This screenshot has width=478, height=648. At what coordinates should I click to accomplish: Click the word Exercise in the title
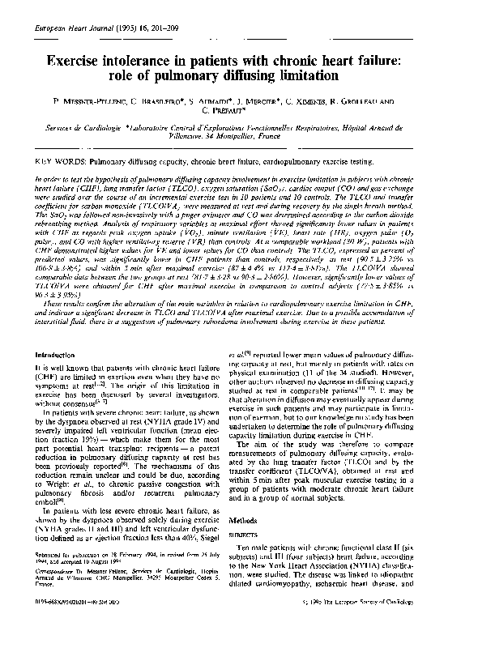pyautogui.click(x=75, y=59)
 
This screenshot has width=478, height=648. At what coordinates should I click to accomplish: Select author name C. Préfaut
pyautogui.click(x=239, y=114)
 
